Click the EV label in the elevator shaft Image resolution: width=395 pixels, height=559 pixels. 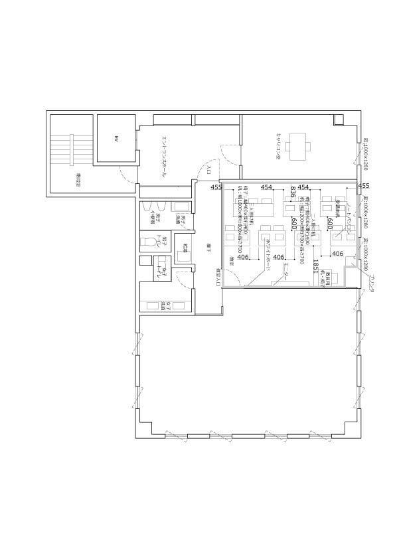pyautogui.click(x=116, y=139)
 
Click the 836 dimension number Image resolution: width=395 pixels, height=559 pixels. pyautogui.click(x=292, y=193)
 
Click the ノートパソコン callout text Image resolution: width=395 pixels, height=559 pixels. pyautogui.click(x=348, y=218)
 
